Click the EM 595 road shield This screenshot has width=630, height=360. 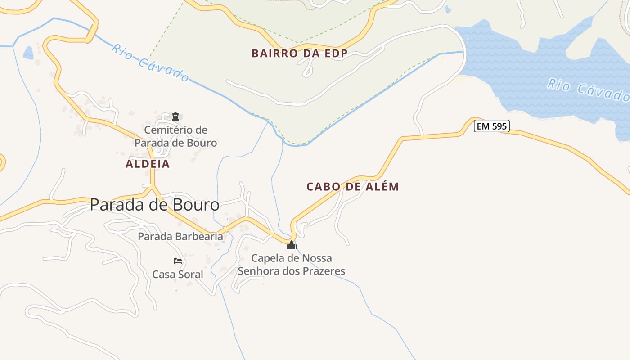click(492, 126)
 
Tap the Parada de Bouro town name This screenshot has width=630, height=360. click(154, 205)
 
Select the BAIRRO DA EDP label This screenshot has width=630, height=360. click(299, 54)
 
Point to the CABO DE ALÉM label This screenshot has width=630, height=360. click(352, 187)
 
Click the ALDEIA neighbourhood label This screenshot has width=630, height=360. click(148, 164)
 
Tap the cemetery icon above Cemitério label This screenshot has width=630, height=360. click(175, 117)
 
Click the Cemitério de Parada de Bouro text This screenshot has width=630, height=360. click(176, 136)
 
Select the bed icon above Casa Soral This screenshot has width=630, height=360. click(178, 261)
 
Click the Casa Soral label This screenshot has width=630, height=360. click(178, 274)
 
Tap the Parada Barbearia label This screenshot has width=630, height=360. click(180, 236)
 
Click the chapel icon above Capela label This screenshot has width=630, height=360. click(292, 245)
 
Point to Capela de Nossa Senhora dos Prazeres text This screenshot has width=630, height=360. click(292, 265)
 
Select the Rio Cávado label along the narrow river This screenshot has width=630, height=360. click(150, 63)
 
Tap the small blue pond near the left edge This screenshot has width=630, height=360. click(28, 53)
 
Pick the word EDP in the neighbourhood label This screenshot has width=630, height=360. click(337, 54)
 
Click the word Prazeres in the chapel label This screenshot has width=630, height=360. click(322, 271)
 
